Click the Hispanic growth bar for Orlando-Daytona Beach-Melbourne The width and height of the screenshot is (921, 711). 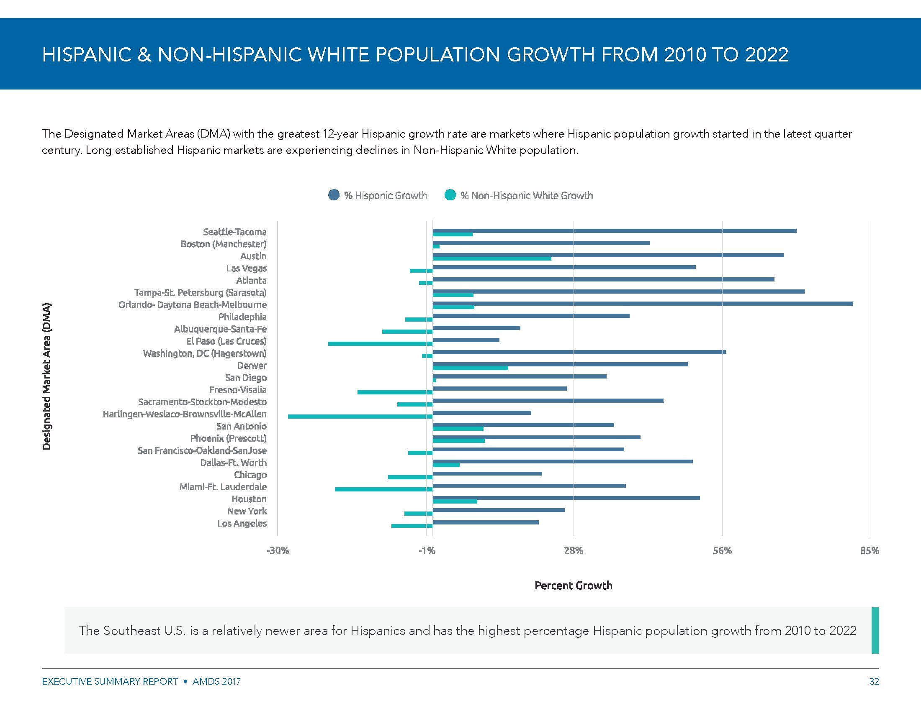(642, 304)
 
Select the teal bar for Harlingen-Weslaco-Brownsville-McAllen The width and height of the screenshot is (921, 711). (360, 417)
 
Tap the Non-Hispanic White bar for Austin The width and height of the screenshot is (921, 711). (492, 258)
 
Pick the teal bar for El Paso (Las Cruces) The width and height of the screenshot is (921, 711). (381, 344)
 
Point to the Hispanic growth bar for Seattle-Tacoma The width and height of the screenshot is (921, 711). (615, 231)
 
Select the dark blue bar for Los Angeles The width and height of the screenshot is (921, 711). (486, 522)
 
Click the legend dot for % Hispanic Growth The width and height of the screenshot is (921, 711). (334, 195)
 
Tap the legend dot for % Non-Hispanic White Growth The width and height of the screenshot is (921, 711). (450, 195)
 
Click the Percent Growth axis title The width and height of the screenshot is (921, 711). (573, 586)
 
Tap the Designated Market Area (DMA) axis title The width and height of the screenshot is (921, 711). (47, 376)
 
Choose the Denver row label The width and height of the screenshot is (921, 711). (252, 366)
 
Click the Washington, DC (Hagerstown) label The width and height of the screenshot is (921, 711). (205, 353)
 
